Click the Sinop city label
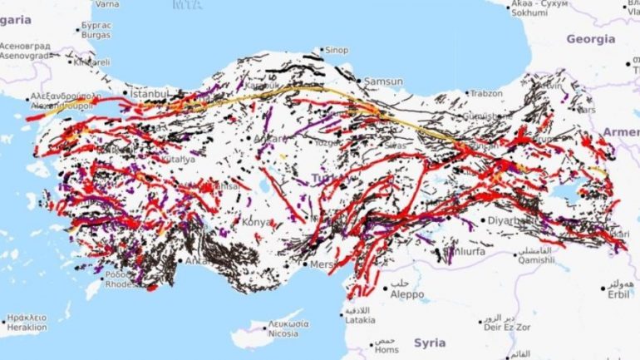[x=337, y=50]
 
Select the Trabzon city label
[x=486, y=93]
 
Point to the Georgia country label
[x=591, y=39]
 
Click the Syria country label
[x=431, y=343]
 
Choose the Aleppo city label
[x=406, y=294]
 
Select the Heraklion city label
[x=26, y=328]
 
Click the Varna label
[x=107, y=4]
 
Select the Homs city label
[x=386, y=350]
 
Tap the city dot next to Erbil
[x=603, y=288]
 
